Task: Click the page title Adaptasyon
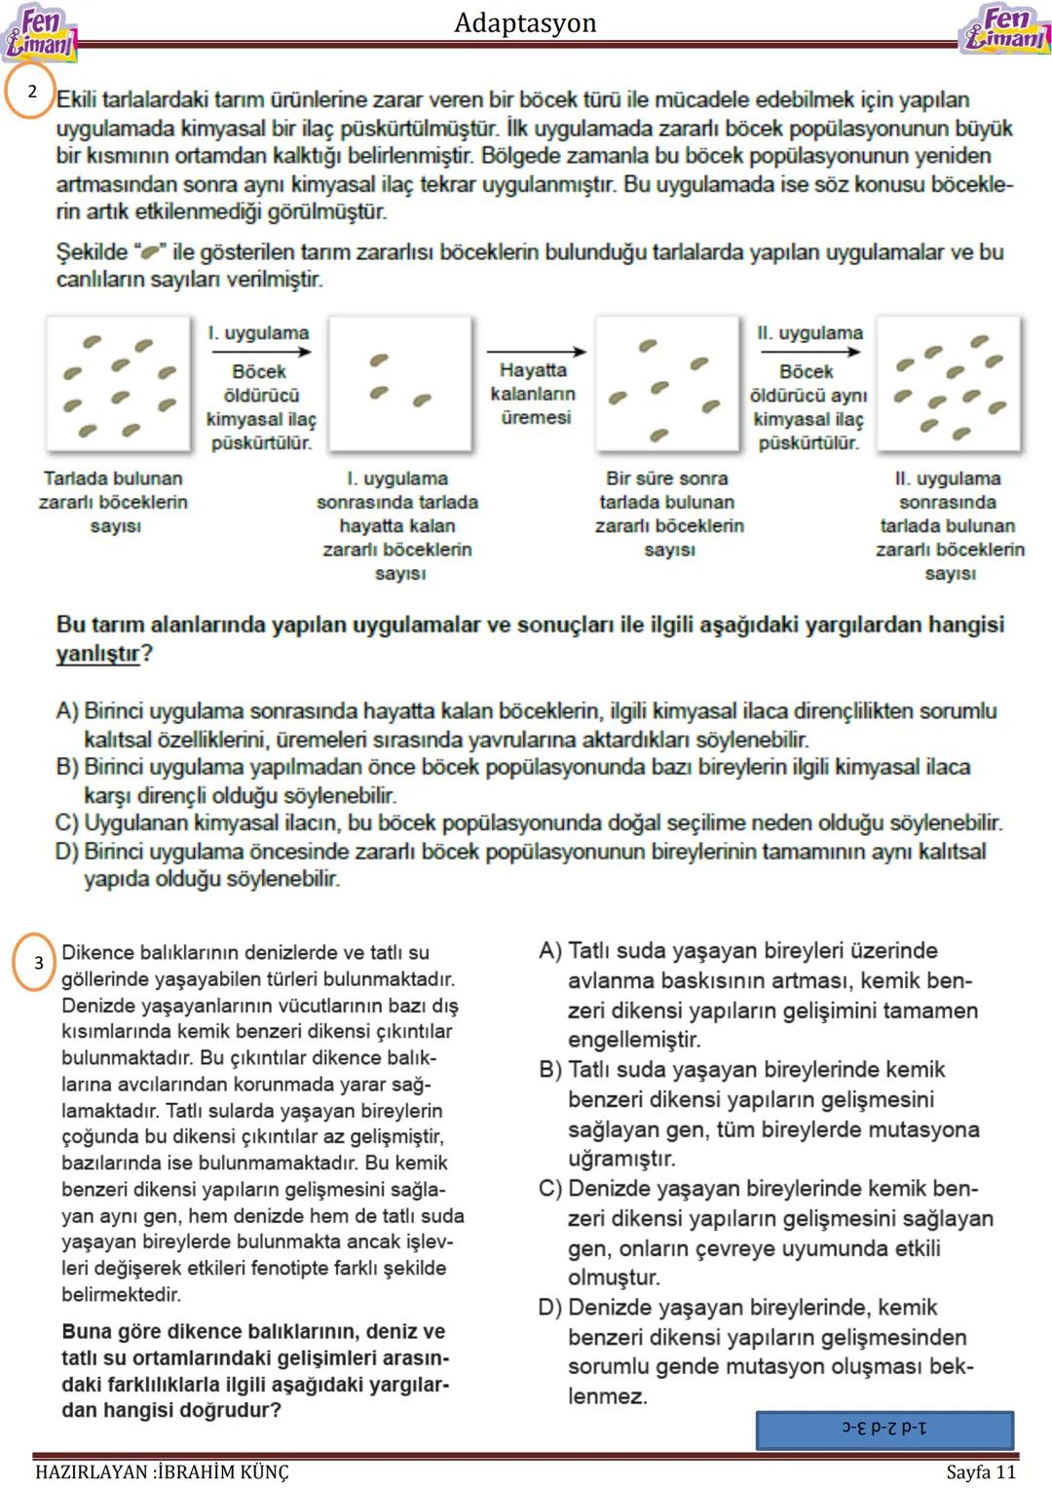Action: click(x=525, y=22)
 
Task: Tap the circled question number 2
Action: click(x=31, y=91)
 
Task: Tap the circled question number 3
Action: click(x=38, y=963)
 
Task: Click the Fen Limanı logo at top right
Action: click(x=1003, y=29)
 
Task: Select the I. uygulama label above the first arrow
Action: click(x=258, y=333)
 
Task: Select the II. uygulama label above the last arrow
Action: click(x=809, y=333)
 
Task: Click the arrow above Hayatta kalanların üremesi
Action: click(x=536, y=352)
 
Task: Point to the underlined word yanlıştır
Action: click(x=98, y=654)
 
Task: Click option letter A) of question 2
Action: click(x=67, y=711)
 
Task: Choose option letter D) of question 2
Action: click(x=67, y=852)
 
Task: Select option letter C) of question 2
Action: click(x=67, y=823)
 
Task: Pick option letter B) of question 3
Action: click(x=550, y=1070)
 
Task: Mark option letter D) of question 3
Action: click(x=550, y=1308)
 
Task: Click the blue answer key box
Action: click(x=884, y=1429)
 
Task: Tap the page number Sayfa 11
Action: click(x=981, y=1471)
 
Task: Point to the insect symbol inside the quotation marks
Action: click(x=150, y=252)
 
